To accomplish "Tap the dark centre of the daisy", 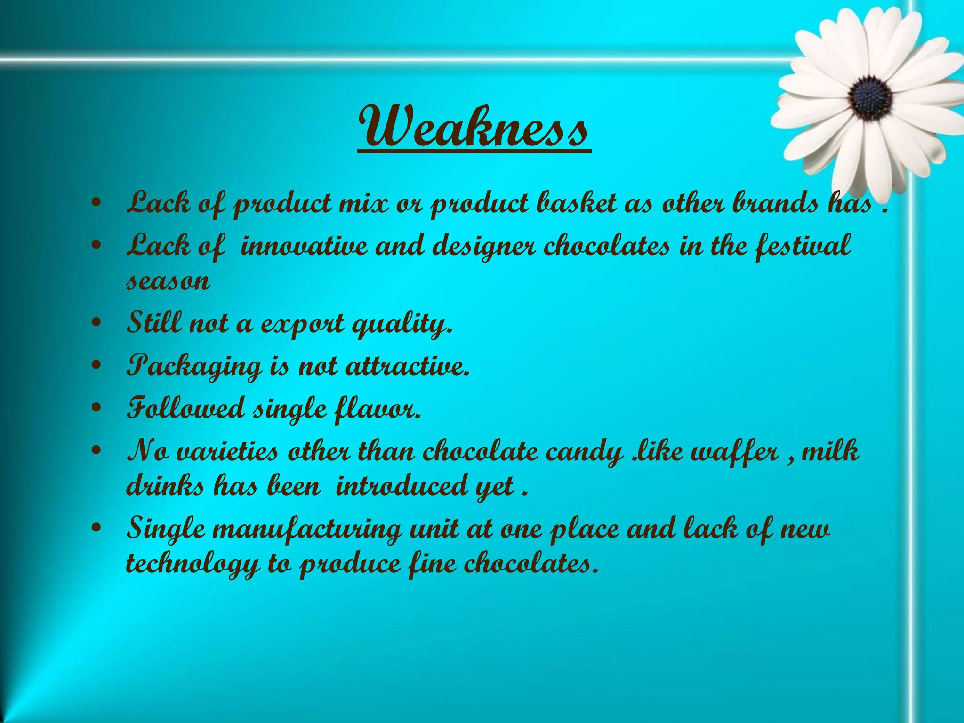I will click(870, 98).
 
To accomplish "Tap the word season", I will click(168, 281).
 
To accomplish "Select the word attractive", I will click(408, 366).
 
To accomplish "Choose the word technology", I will click(193, 564).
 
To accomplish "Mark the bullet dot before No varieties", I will click(96, 451).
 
